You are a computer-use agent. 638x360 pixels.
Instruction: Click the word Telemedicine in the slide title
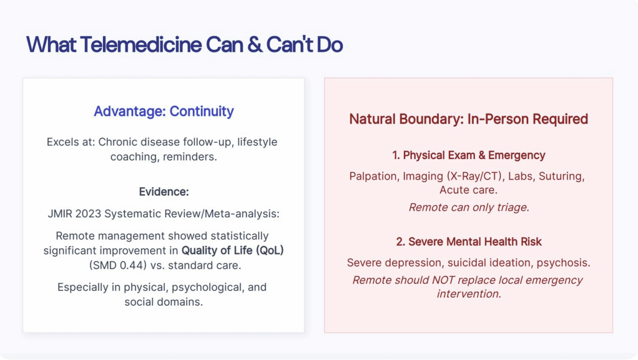click(141, 44)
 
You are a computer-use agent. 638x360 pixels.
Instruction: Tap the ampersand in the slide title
click(255, 44)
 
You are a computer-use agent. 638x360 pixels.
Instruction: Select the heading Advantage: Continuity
click(164, 111)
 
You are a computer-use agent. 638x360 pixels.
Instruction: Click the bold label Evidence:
click(164, 192)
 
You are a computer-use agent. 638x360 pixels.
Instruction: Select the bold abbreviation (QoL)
click(270, 251)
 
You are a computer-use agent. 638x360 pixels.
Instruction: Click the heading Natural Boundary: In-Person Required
click(468, 119)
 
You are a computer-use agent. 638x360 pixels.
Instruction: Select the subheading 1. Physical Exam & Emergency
click(468, 155)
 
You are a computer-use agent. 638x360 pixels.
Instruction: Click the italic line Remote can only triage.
click(469, 208)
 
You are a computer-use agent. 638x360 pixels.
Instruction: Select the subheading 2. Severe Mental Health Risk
click(469, 241)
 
